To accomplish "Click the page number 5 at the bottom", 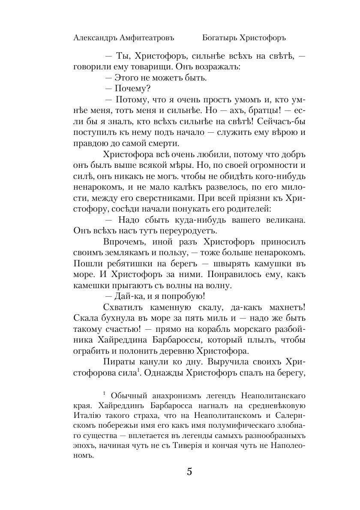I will [x=189, y=472].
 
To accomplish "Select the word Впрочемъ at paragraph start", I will [x=124, y=242].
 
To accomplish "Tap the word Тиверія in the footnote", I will [x=209, y=447].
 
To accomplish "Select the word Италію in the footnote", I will [x=85, y=416].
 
